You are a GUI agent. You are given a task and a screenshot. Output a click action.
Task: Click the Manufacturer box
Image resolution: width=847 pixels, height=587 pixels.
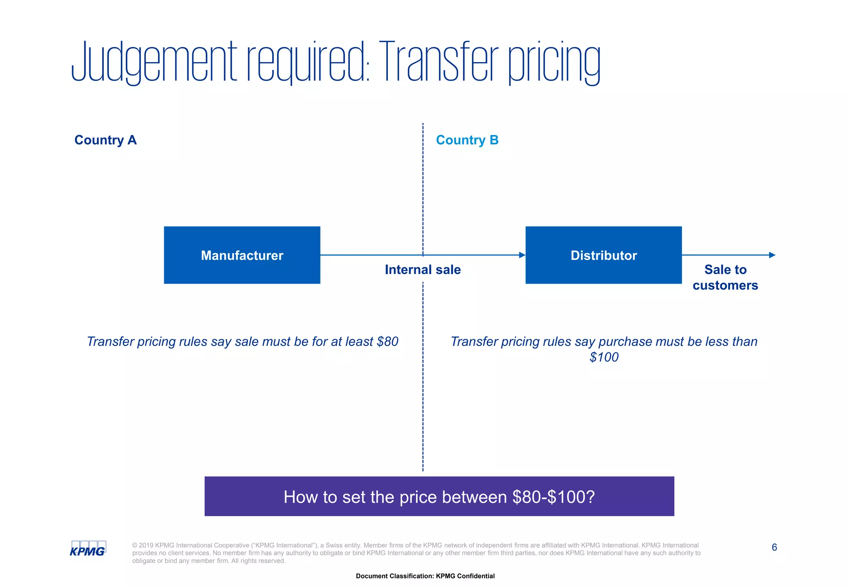click(x=242, y=255)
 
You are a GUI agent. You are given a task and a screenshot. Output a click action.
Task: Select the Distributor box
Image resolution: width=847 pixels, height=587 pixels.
click(x=603, y=255)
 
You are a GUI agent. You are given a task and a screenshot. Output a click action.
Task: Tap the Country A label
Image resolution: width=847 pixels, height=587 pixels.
click(x=105, y=140)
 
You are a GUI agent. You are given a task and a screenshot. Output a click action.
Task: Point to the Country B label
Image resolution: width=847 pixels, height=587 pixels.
click(x=467, y=140)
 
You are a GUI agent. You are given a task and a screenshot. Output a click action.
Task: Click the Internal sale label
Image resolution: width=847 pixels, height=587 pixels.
click(x=423, y=269)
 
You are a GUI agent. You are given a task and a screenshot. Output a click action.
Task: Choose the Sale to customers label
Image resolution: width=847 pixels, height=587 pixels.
click(x=725, y=277)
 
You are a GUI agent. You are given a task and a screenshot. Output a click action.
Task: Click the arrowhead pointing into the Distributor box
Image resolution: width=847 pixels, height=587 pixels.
click(x=522, y=255)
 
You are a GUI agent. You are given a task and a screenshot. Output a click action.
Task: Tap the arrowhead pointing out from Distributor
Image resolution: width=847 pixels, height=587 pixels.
click(x=772, y=255)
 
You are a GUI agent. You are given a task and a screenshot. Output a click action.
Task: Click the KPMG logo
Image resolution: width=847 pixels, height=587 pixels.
click(x=88, y=549)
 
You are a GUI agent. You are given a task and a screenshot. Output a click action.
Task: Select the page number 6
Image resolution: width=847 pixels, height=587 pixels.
click(x=774, y=547)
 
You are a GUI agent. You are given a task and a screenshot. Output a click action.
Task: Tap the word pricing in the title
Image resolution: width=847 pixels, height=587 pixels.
click(x=554, y=62)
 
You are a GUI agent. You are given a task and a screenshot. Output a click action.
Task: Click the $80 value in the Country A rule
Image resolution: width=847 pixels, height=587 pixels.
click(x=388, y=342)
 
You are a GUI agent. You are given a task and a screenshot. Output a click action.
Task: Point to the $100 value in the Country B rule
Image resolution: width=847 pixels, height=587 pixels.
click(x=604, y=357)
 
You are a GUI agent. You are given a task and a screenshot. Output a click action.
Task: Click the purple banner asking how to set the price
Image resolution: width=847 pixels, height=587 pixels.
click(x=439, y=496)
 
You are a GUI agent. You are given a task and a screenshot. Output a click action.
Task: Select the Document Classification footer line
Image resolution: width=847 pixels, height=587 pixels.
click(x=425, y=576)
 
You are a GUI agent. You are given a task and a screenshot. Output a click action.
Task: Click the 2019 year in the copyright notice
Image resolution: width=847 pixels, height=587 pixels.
click(x=146, y=545)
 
